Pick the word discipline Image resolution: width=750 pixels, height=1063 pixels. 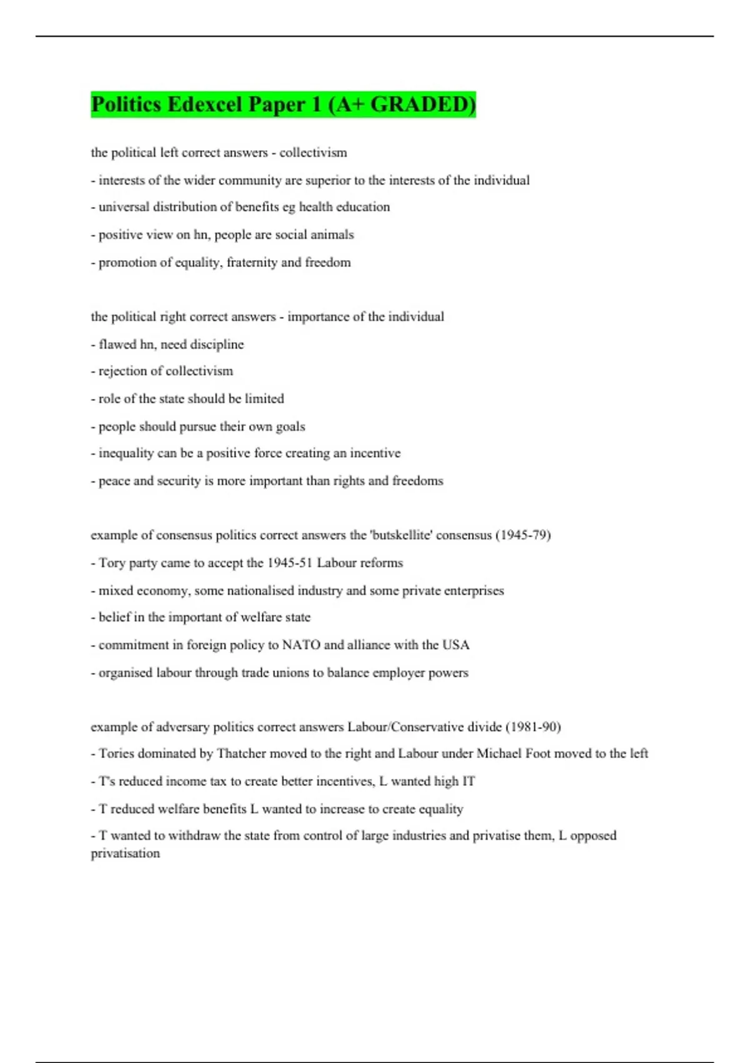217,344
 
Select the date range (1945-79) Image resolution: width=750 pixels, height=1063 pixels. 523,535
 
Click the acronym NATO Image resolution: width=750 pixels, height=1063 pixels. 301,645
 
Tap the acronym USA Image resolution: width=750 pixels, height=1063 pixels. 456,645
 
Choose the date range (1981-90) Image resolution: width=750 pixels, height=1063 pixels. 532,727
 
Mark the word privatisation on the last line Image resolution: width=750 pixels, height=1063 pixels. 125,853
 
